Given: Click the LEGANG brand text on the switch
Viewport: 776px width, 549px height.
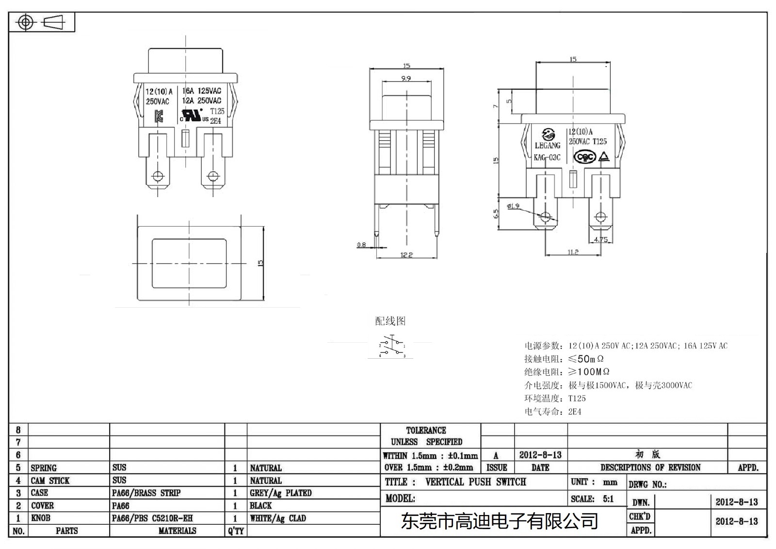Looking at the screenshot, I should (x=547, y=145).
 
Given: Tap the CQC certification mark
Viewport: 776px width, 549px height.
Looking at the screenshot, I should (x=584, y=157).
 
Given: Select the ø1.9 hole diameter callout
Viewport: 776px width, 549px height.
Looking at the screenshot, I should (x=513, y=206).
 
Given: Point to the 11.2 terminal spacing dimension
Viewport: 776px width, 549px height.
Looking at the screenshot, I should (x=573, y=252).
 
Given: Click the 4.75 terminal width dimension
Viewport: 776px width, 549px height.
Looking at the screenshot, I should (x=600, y=239).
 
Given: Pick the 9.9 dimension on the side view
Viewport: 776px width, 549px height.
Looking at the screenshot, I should (x=406, y=78).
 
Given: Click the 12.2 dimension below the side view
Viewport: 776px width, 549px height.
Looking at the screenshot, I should (x=406, y=255).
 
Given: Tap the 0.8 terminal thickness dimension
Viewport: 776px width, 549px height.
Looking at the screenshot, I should (x=361, y=245).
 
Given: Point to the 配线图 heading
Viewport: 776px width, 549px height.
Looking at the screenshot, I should (x=390, y=321).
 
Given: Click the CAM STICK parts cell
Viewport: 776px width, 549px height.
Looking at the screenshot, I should (x=50, y=481).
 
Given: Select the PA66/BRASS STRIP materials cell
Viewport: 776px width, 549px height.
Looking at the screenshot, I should (x=146, y=493).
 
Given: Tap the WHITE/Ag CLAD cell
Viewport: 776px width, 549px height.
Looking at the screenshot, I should (x=278, y=518).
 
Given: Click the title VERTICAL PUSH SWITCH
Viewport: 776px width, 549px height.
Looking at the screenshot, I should (x=475, y=482).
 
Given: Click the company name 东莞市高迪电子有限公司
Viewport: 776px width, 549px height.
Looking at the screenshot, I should (x=499, y=521).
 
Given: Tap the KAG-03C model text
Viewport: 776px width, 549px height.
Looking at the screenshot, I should (x=547, y=157).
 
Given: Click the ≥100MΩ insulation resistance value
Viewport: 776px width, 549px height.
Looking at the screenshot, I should (x=588, y=372).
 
